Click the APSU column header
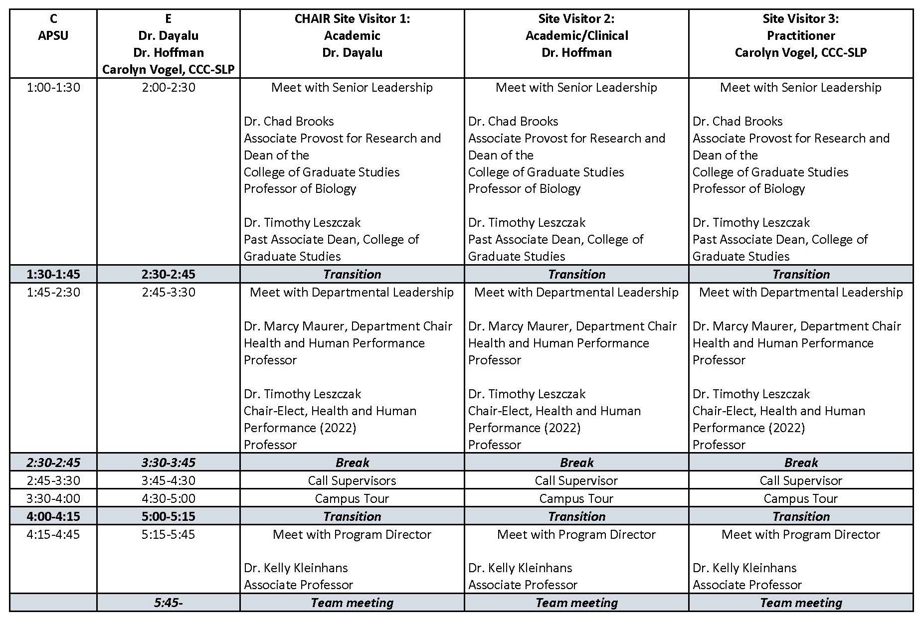click(53, 35)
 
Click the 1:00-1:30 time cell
click(53, 88)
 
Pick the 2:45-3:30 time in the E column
click(169, 292)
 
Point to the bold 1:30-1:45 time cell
click(53, 274)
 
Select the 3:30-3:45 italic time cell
click(169, 463)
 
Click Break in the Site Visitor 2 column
click(576, 463)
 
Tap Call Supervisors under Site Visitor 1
click(352, 480)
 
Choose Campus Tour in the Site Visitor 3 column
click(800, 498)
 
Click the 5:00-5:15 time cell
click(169, 516)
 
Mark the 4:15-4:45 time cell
click(53, 534)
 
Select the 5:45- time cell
click(169, 603)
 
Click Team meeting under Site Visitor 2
click(576, 603)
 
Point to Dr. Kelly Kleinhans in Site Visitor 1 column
click(296, 568)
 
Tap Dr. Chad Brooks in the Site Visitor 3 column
click(737, 121)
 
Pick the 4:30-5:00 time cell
click(169, 498)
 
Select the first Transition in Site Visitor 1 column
click(352, 274)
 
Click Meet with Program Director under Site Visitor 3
click(800, 534)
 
